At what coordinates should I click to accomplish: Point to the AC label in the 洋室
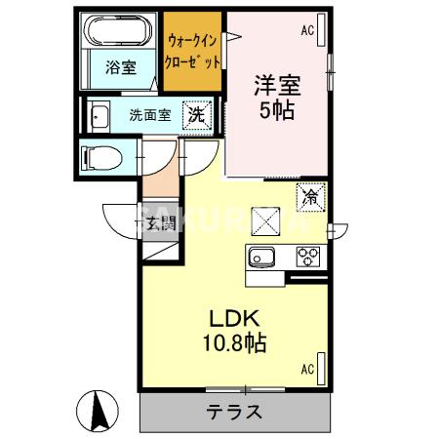coord(308,30)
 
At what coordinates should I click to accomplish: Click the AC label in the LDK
coord(308,369)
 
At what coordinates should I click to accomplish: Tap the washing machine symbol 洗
coord(196,113)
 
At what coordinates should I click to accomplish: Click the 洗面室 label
coord(149,114)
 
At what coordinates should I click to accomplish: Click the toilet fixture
coord(100,157)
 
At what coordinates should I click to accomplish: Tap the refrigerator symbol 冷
coord(311,196)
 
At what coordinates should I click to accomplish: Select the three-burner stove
coord(309,259)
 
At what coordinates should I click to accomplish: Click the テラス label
coord(234,411)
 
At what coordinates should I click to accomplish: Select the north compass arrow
coord(100,410)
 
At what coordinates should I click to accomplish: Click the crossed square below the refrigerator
coord(266,220)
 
